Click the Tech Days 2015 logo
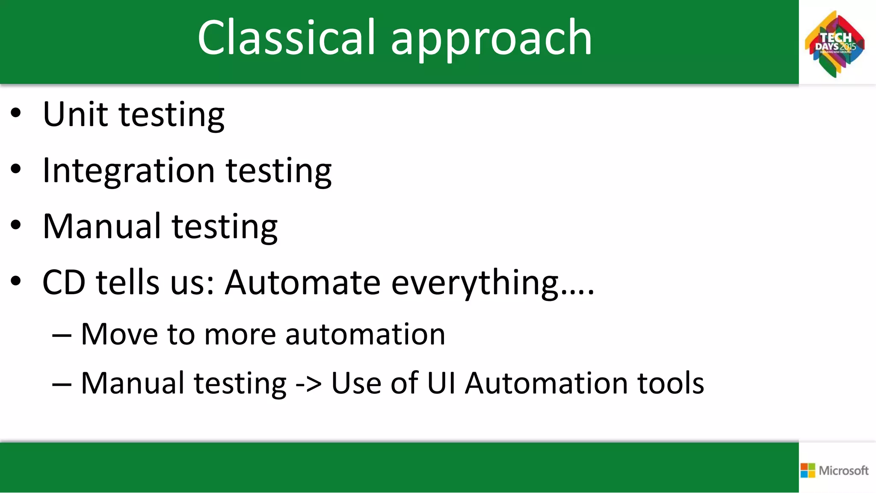(x=835, y=44)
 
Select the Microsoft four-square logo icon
(x=808, y=470)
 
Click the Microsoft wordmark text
(x=843, y=471)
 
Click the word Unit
(x=75, y=114)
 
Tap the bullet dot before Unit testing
(x=16, y=114)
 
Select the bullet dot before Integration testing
(x=16, y=169)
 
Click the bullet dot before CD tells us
(x=16, y=281)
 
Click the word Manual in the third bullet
(x=102, y=226)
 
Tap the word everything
(x=475, y=283)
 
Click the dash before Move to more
(x=62, y=335)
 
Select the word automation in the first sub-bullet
(x=365, y=334)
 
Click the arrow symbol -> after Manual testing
(x=308, y=384)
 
